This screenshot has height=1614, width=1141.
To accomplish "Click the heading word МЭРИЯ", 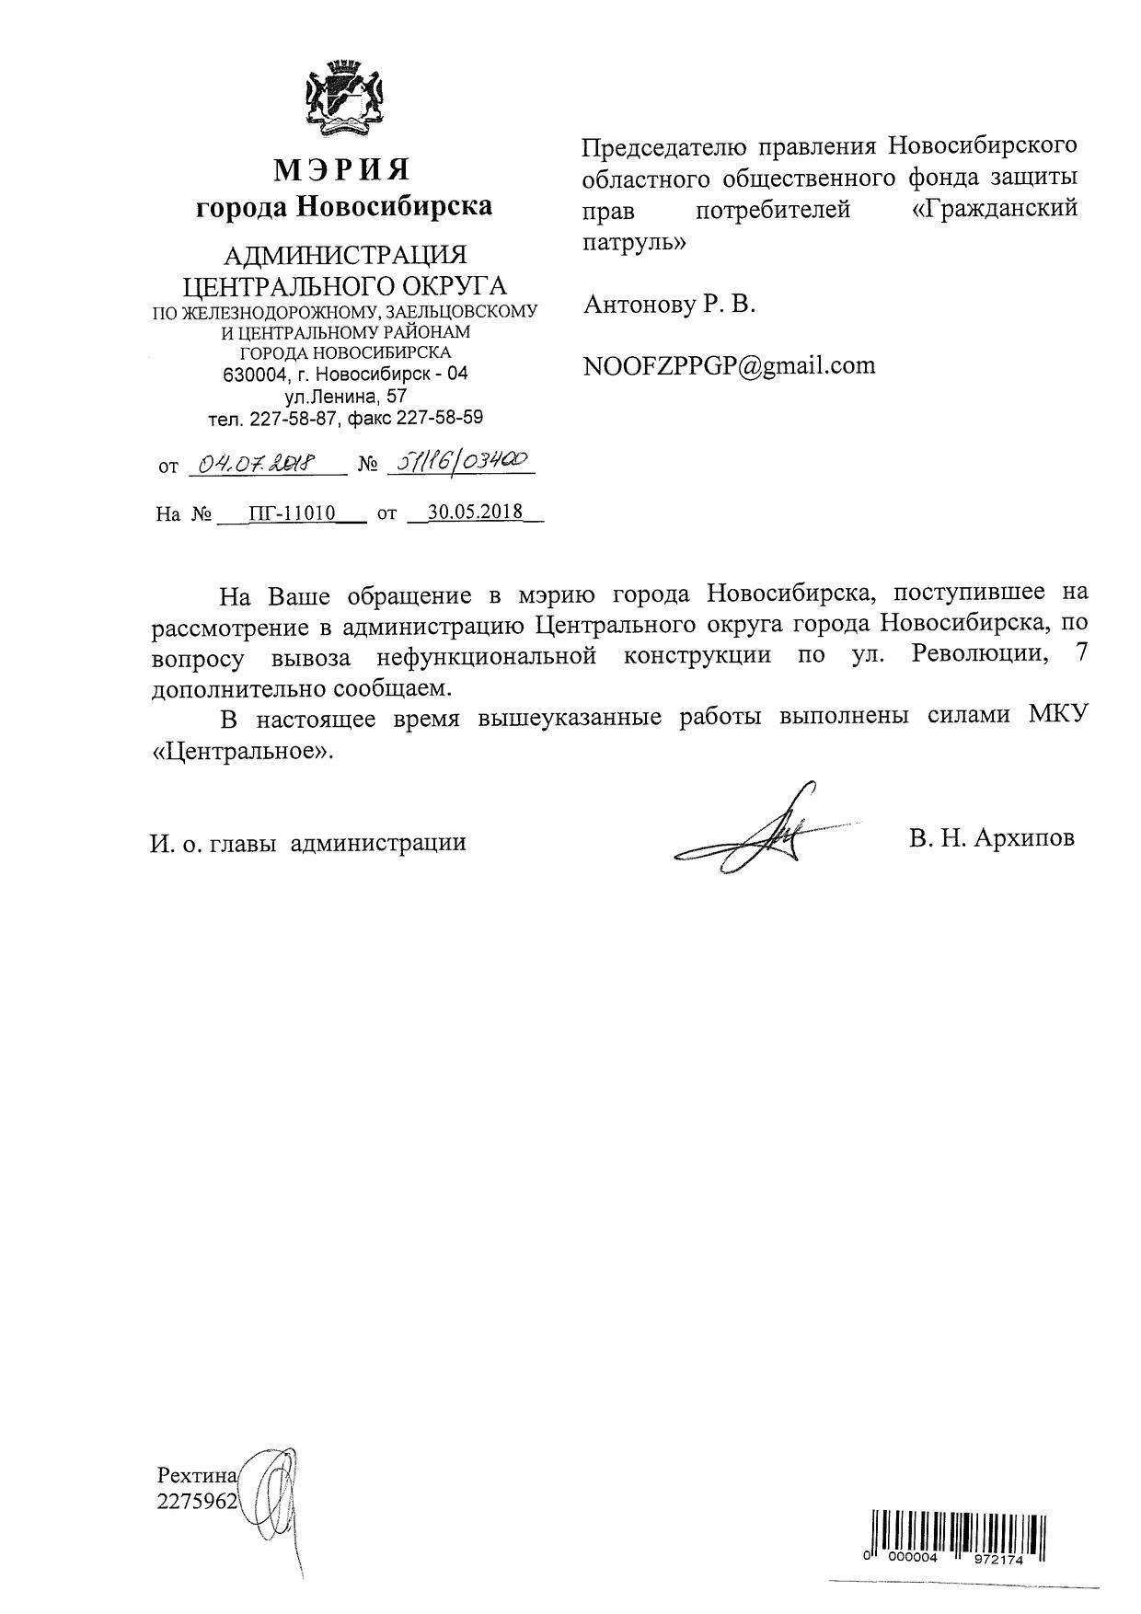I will click(x=342, y=170).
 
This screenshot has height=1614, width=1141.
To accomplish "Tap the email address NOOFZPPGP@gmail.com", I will click(x=730, y=365).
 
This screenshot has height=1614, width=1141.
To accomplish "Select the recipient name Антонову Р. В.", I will click(x=669, y=305).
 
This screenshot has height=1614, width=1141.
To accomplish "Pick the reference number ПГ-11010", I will click(x=291, y=513).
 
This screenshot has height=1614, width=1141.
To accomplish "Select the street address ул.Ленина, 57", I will click(x=345, y=397).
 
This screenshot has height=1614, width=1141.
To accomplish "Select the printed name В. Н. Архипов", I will click(x=990, y=839).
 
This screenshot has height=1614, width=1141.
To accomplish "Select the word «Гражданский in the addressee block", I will click(x=993, y=210).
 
